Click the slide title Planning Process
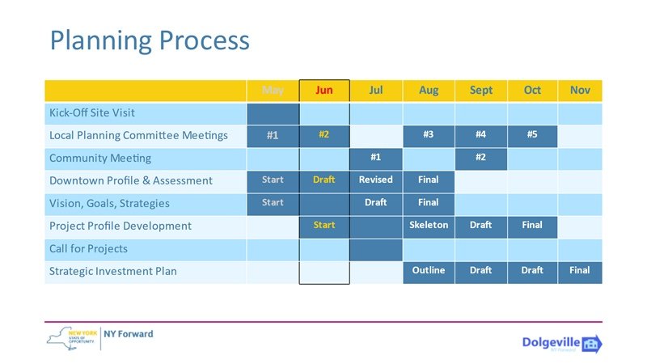[x=150, y=40]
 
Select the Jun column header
[x=323, y=90]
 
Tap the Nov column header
[x=580, y=90]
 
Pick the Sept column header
[x=480, y=90]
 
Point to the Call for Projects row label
[x=88, y=248]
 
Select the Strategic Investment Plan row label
[x=112, y=271]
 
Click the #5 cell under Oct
[x=532, y=134]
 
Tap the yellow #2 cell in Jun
[x=323, y=134]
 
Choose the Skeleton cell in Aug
[x=429, y=225]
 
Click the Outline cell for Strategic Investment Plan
[x=429, y=270]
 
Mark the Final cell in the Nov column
[x=580, y=270]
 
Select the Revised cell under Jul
[x=376, y=180]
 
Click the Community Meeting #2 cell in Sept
[x=480, y=157]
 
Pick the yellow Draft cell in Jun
[x=323, y=180]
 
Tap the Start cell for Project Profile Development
[x=323, y=225]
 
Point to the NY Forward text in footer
[x=129, y=334]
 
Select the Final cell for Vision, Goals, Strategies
[x=429, y=202]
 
